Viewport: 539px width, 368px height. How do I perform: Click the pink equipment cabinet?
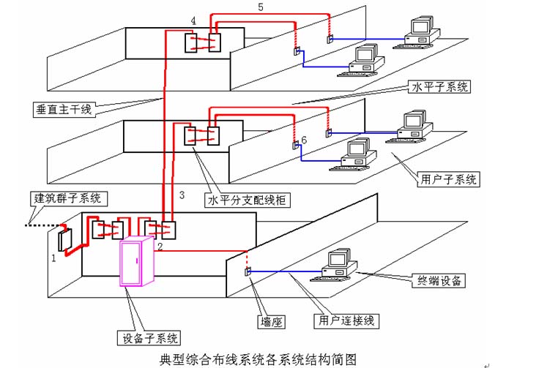click(138, 263)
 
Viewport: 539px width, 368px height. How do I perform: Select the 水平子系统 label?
click(438, 87)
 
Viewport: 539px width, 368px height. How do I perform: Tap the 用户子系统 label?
click(447, 178)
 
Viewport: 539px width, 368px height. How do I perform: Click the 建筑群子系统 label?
click(70, 198)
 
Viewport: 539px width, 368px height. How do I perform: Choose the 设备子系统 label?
click(148, 338)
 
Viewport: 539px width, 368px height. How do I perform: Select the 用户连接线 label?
click(342, 320)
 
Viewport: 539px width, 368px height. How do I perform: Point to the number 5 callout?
click(261, 7)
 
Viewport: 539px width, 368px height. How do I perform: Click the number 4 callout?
click(193, 20)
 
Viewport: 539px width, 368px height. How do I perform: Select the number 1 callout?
click(53, 258)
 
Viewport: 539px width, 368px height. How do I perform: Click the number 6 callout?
click(304, 138)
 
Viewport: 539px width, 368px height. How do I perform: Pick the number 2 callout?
click(159, 247)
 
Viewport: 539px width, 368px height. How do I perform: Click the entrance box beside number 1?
click(64, 240)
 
